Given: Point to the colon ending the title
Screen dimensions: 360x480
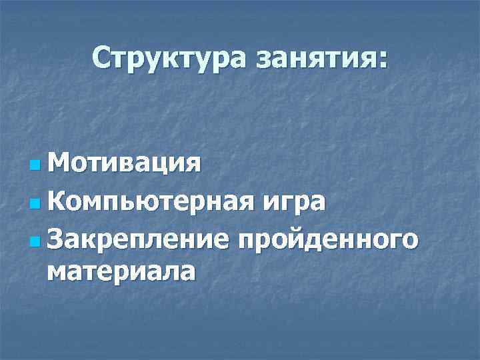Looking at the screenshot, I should (381, 60).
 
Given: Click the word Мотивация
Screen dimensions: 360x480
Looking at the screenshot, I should (123, 162).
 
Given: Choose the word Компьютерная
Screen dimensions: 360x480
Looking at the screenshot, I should (147, 200).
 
